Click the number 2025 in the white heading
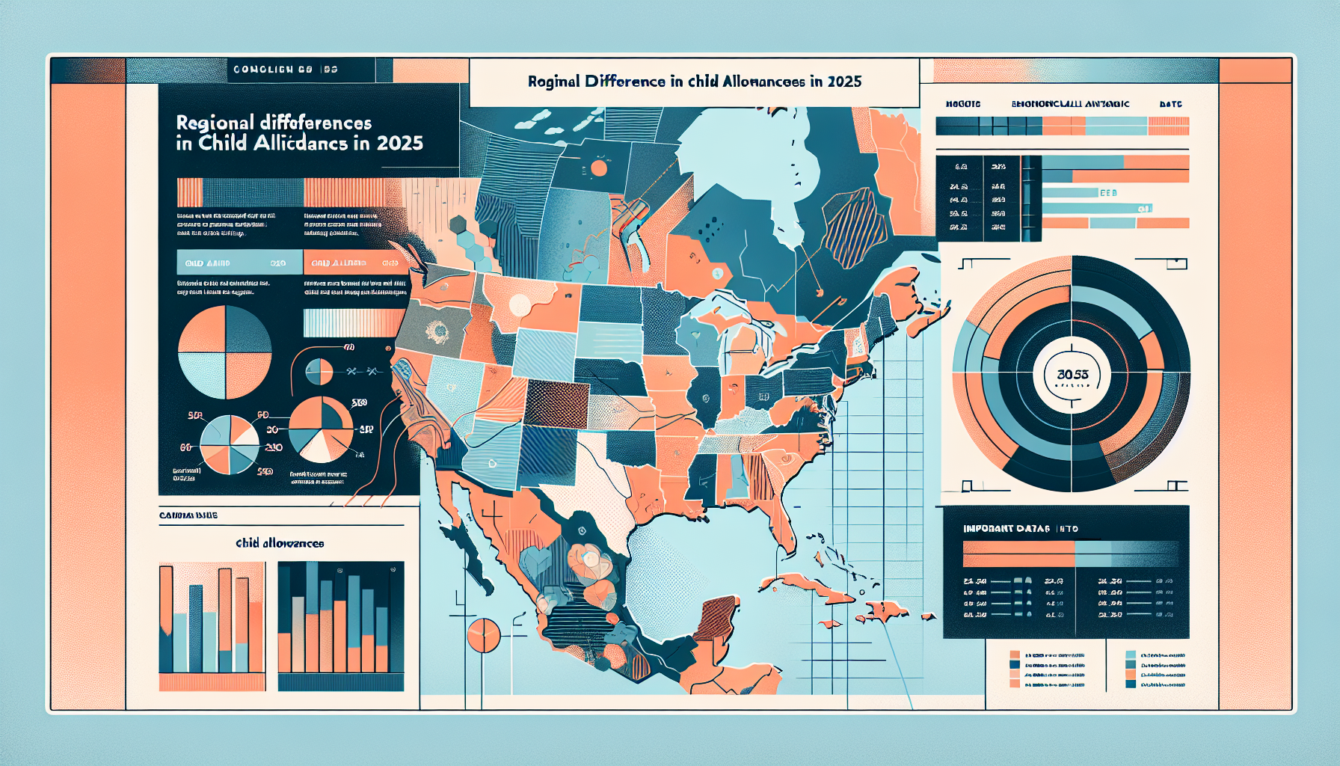click(x=844, y=82)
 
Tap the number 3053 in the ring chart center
click(x=1072, y=374)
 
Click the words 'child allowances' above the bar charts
click(x=280, y=543)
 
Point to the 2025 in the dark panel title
click(x=399, y=143)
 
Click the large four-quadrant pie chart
click(x=224, y=352)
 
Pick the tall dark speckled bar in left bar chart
click(x=196, y=628)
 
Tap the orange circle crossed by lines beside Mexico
click(x=483, y=635)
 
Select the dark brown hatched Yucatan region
click(x=716, y=617)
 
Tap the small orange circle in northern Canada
click(x=598, y=168)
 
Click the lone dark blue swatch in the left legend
click(x=1015, y=664)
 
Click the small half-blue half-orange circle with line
click(x=319, y=371)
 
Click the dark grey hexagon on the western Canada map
click(x=458, y=224)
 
